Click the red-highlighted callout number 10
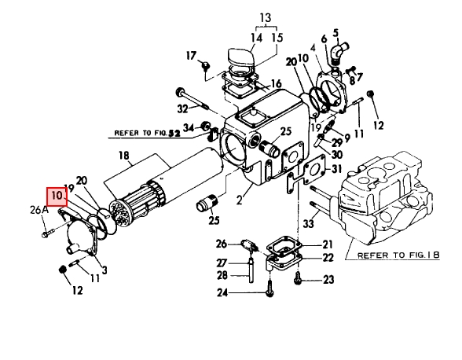click(x=57, y=196)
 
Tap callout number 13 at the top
click(x=266, y=18)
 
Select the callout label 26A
click(x=39, y=210)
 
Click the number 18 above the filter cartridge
click(x=124, y=156)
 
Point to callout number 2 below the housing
click(x=239, y=200)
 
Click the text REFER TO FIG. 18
click(x=398, y=255)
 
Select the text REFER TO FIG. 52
click(x=147, y=134)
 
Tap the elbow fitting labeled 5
click(x=339, y=52)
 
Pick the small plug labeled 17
click(x=205, y=67)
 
